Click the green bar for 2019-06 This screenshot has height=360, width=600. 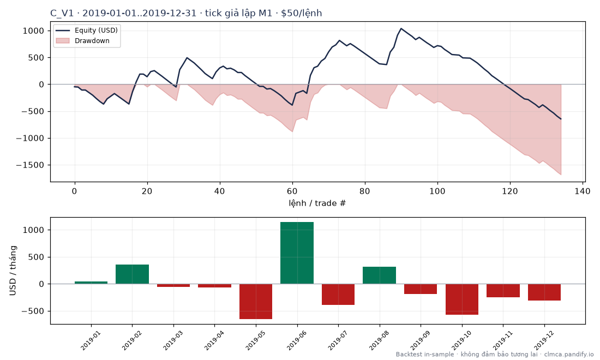(x=297, y=253)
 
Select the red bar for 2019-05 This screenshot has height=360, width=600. (x=256, y=302)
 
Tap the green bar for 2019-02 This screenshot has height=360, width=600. (x=132, y=274)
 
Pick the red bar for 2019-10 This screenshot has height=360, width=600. (x=462, y=299)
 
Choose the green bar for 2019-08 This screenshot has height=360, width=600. (x=379, y=275)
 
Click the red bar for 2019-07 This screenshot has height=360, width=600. (x=338, y=294)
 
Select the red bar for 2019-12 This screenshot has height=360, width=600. (x=544, y=292)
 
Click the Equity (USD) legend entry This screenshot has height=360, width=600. (x=87, y=30)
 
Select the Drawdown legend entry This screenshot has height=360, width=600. (x=83, y=40)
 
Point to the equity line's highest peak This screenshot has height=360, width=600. (x=401, y=28)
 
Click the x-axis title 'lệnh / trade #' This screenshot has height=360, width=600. (x=317, y=203)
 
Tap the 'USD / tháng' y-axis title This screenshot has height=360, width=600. (x=13, y=271)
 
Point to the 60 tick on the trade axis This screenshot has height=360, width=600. (x=292, y=191)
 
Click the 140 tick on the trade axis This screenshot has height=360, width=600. (x=583, y=191)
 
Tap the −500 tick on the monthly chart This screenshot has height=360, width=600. (x=34, y=311)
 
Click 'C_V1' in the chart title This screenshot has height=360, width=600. (x=62, y=14)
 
